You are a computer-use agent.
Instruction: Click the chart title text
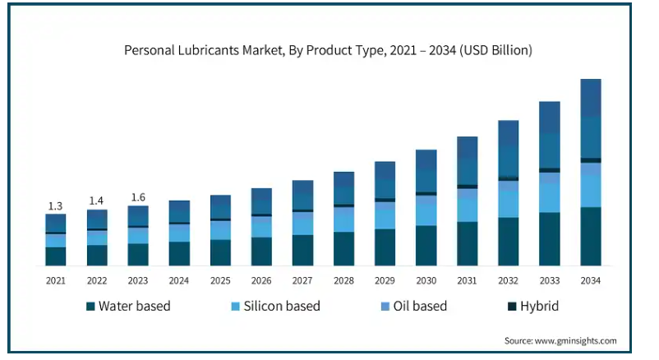click(328, 50)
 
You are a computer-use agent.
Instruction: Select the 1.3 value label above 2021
click(55, 205)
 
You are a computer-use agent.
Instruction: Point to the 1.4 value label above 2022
click(96, 201)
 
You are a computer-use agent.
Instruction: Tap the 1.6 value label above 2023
click(138, 197)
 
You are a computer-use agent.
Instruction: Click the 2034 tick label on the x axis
click(591, 281)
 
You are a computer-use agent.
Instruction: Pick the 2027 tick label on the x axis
click(302, 281)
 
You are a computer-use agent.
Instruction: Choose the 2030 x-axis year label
click(426, 281)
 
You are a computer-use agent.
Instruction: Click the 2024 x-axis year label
click(179, 281)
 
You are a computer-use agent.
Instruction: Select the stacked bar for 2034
click(591, 173)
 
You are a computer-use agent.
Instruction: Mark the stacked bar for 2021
click(55, 240)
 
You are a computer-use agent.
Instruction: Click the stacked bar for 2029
click(385, 214)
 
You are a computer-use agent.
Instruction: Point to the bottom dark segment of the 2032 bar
click(509, 242)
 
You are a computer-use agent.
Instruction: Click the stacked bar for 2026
click(261, 227)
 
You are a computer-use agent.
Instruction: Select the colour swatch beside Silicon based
click(235, 307)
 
